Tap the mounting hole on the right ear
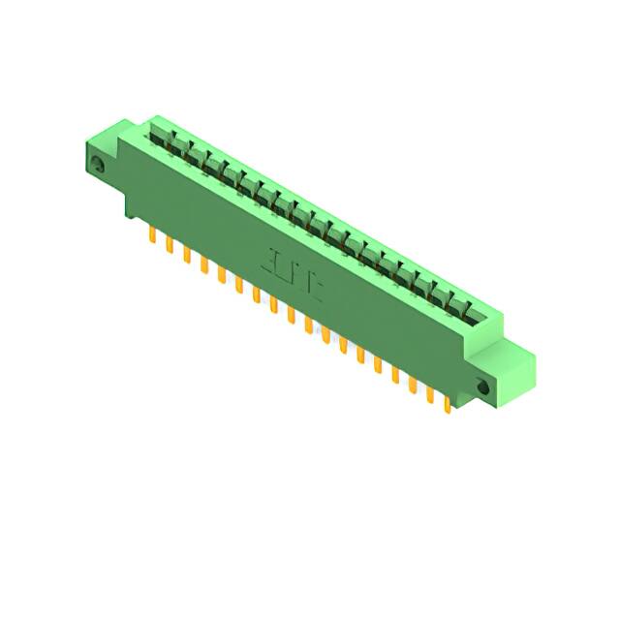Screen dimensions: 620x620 coord(484,387)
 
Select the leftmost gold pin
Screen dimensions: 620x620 coord(151,235)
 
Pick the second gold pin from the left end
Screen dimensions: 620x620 coord(169,245)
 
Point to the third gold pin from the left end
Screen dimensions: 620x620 coord(186,255)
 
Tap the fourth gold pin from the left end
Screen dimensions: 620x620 coord(203,264)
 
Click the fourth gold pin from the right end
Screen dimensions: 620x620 coord(394,374)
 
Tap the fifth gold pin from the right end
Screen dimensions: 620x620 coord(377,364)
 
